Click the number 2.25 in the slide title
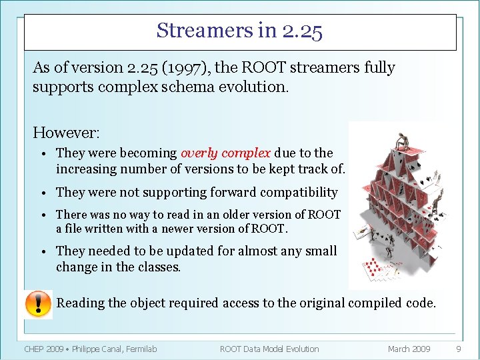302,31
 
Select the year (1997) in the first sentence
174,68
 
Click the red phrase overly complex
225,153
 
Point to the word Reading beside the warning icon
81,303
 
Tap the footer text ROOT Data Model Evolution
269,349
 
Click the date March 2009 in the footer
409,349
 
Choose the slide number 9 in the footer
458,349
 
